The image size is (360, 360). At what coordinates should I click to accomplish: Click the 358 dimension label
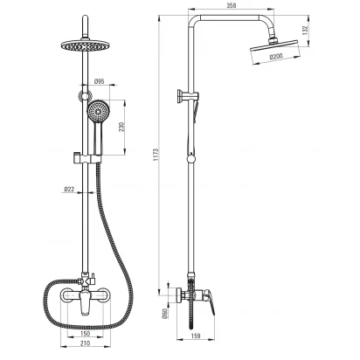click(232, 5)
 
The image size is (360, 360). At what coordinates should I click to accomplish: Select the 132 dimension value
click(304, 31)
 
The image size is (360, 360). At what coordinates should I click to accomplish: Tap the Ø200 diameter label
click(276, 56)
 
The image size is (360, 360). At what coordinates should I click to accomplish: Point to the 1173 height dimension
click(156, 156)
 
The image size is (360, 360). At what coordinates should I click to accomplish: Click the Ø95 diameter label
click(100, 81)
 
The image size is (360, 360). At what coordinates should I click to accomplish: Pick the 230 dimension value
click(121, 127)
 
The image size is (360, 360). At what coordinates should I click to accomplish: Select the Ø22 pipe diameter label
click(69, 190)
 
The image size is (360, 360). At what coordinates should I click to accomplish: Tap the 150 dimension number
click(85, 334)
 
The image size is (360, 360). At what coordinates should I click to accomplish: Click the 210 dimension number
click(85, 343)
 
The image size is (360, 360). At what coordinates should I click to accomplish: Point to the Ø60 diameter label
click(164, 313)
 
